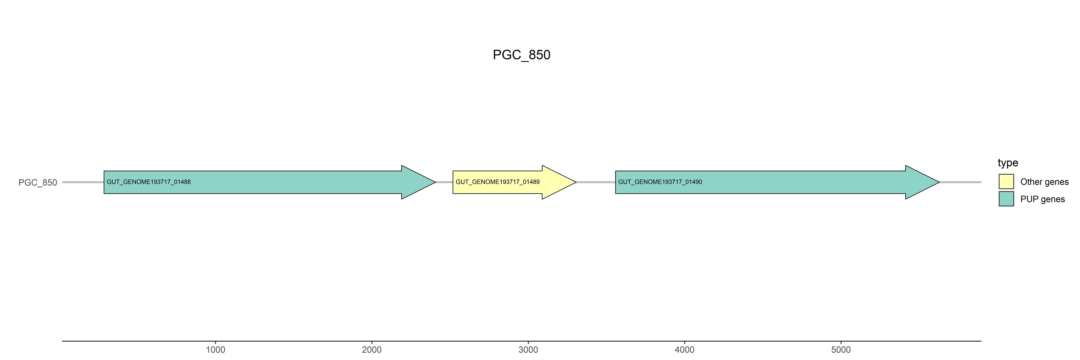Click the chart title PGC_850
click(521, 55)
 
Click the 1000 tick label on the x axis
click(216, 350)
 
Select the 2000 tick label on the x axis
click(371, 350)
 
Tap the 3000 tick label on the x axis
click(528, 350)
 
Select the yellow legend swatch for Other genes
click(1006, 181)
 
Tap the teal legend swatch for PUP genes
click(1006, 199)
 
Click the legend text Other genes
click(1044, 182)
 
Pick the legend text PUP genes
click(1042, 199)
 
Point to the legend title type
click(1008, 163)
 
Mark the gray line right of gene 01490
click(960, 182)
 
